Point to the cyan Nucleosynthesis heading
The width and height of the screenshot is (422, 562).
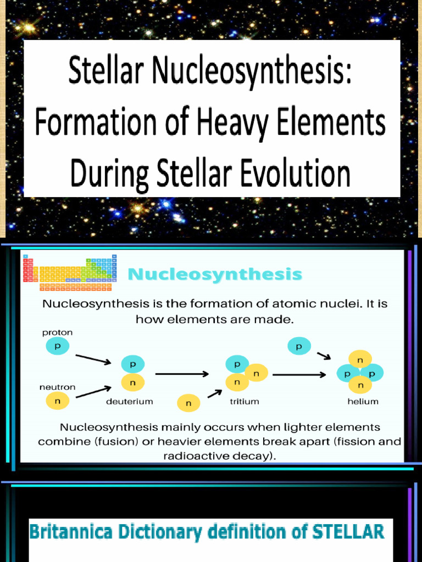(x=215, y=274)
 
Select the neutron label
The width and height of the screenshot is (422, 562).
(x=57, y=386)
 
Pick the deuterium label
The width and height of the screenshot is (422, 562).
(x=129, y=401)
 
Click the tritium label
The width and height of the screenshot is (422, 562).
(x=244, y=401)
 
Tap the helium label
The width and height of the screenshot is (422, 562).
(x=363, y=401)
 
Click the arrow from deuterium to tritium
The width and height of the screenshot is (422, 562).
(x=182, y=374)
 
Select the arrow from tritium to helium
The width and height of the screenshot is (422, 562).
(x=299, y=375)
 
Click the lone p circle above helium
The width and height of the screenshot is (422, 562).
(x=299, y=346)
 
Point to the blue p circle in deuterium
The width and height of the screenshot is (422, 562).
(x=132, y=363)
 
